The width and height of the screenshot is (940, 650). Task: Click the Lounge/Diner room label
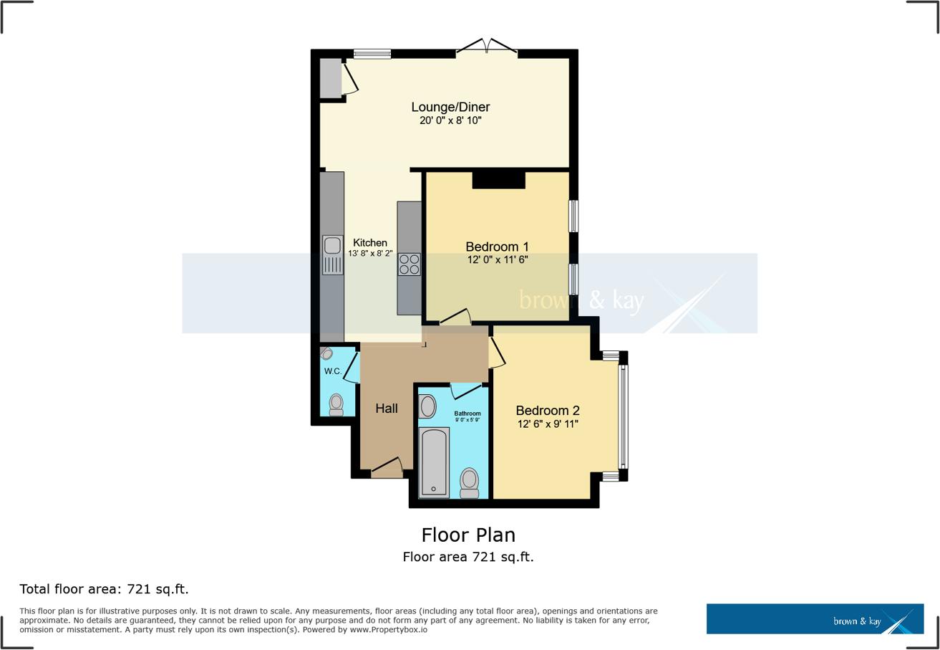pyautogui.click(x=450, y=107)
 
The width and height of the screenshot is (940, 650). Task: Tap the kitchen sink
pyautogui.click(x=332, y=254)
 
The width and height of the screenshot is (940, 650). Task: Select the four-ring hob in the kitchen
pyautogui.click(x=410, y=264)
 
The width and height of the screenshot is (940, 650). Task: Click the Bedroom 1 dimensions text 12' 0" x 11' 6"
pyautogui.click(x=496, y=259)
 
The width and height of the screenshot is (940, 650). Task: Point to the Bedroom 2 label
pyautogui.click(x=548, y=411)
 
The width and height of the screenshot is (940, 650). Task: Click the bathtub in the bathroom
pyautogui.click(x=434, y=462)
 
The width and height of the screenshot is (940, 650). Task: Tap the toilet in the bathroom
pyautogui.click(x=470, y=482)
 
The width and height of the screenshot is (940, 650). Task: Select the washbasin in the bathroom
pyautogui.click(x=427, y=407)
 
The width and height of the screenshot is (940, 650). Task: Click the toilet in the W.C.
pyautogui.click(x=336, y=404)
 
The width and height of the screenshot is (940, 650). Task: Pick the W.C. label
pyautogui.click(x=332, y=371)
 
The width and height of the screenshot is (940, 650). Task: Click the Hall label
pyautogui.click(x=387, y=408)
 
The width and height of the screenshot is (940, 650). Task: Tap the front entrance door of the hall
pyautogui.click(x=387, y=469)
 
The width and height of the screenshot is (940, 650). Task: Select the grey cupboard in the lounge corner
pyautogui.click(x=330, y=78)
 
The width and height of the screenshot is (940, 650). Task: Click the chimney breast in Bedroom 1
pyautogui.click(x=499, y=179)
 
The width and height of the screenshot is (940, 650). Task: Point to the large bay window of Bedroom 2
pyautogui.click(x=623, y=416)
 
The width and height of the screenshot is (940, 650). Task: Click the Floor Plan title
pyautogui.click(x=468, y=535)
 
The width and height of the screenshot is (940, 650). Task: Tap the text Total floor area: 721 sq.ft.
pyautogui.click(x=104, y=590)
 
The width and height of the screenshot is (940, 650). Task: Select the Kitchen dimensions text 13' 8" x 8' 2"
pyautogui.click(x=370, y=253)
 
